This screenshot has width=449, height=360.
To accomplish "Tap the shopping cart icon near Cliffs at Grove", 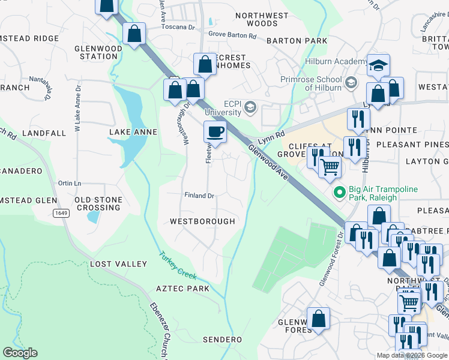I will (x=330, y=167).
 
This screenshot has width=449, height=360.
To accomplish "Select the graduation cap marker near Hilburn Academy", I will (x=378, y=66).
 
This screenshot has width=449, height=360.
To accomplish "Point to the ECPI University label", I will (x=223, y=107).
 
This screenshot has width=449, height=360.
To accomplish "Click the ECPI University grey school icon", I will (x=250, y=108).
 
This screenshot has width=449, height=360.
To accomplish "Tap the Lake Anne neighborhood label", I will (x=133, y=132).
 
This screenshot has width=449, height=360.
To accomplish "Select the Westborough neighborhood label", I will (x=202, y=221).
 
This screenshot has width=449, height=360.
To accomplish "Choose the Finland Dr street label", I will (x=199, y=196).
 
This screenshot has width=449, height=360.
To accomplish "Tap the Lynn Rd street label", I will (x=271, y=139).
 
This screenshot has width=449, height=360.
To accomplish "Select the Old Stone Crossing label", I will (x=98, y=203).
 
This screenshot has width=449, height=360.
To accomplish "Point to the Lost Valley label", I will (x=118, y=264).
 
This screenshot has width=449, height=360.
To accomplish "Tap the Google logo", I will (x=21, y=353).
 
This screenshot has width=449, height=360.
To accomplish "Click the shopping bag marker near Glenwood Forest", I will (x=318, y=319).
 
